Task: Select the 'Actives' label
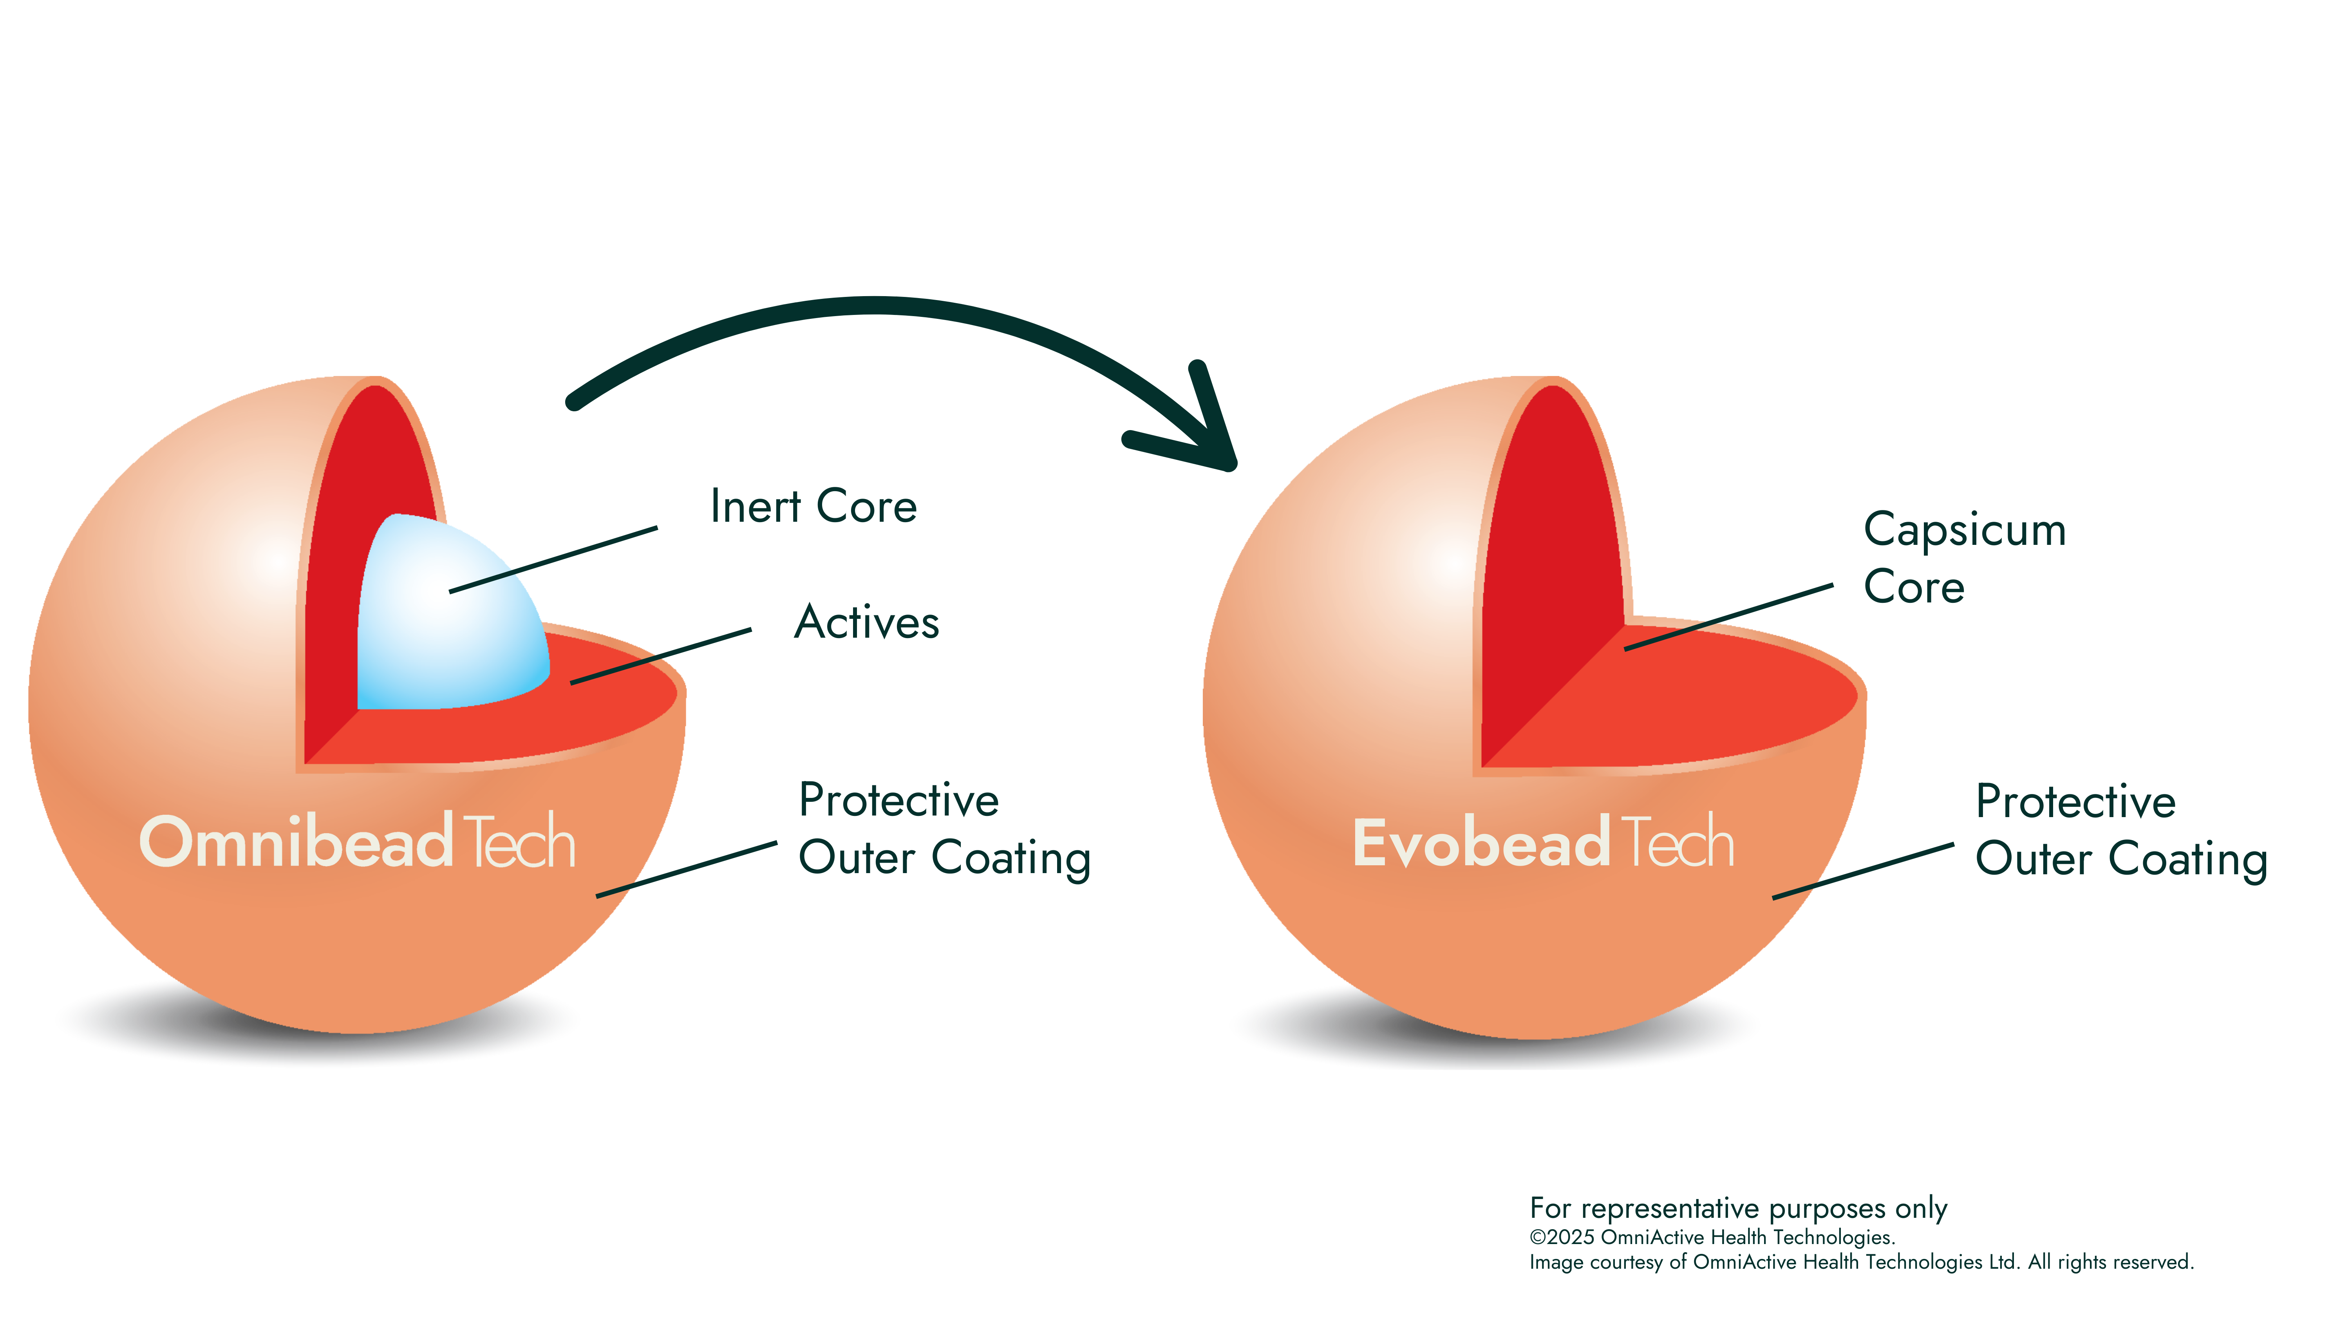(867, 622)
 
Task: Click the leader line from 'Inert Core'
(553, 560)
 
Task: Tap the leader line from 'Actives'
(660, 656)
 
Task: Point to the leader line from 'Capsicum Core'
(1729, 618)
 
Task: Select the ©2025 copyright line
(1712, 1237)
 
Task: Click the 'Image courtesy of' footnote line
(1861, 1262)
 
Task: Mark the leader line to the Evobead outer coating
(1863, 871)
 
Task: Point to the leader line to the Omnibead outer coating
(686, 870)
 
